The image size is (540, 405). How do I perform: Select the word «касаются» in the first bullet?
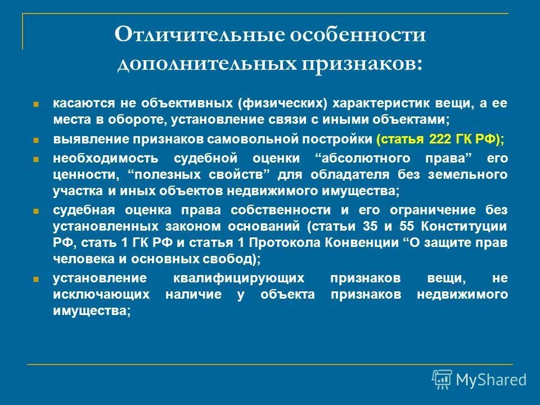79,105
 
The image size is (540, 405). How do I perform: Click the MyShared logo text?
490,380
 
